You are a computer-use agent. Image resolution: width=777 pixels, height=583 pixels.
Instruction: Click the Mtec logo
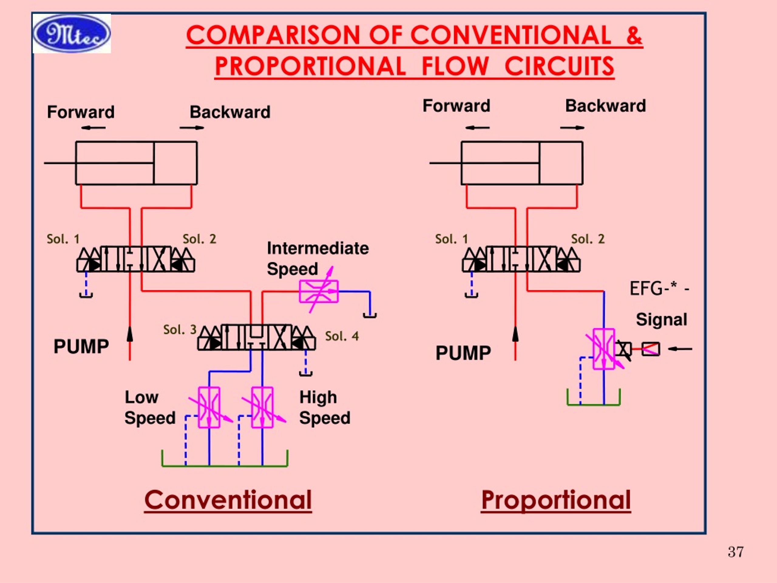72,34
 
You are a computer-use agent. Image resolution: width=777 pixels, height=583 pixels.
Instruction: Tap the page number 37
735,552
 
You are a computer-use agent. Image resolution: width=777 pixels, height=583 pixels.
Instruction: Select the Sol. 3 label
179,330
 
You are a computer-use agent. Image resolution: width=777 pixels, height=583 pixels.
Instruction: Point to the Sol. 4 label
342,336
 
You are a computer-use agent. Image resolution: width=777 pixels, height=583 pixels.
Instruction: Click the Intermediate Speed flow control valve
319,291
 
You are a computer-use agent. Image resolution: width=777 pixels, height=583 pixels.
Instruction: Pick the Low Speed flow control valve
209,407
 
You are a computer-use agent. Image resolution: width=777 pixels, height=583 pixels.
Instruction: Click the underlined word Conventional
228,500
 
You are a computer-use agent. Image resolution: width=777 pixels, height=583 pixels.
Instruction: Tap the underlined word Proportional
556,500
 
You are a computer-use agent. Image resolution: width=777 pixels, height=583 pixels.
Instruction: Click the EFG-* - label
659,289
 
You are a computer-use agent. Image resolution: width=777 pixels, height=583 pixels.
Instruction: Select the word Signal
661,320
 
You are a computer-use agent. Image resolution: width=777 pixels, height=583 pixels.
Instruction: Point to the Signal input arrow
680,349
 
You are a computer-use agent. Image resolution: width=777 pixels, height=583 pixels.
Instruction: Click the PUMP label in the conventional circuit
81,346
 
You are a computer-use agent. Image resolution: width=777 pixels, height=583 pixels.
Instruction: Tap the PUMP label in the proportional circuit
463,353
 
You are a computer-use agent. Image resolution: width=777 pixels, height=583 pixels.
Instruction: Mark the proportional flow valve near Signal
604,349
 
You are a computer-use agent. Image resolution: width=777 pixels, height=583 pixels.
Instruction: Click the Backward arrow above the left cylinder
192,128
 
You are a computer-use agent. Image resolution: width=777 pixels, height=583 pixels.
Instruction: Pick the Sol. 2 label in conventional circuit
199,239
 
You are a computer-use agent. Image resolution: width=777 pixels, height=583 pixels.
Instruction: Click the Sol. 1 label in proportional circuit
451,239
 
